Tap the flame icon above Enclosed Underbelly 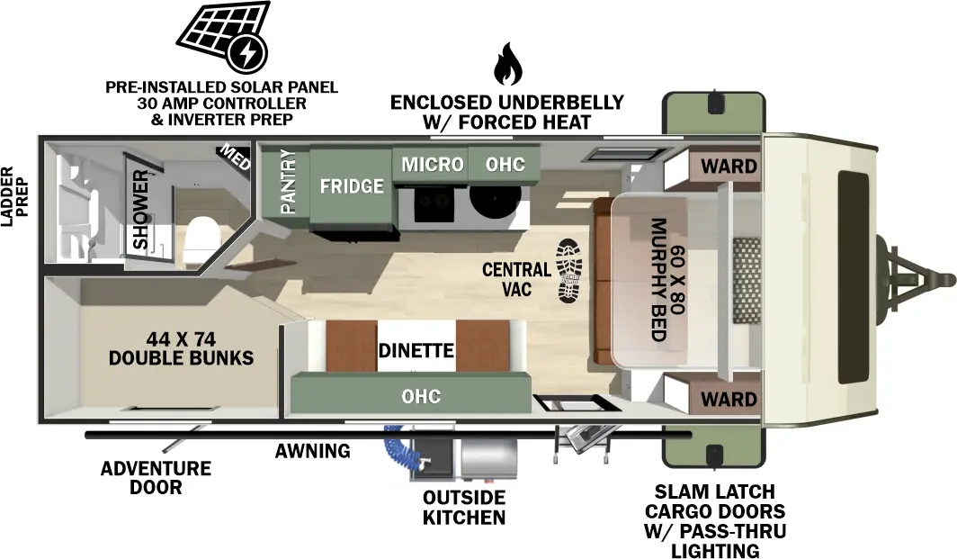[507, 65]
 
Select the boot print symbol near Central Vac [570, 270]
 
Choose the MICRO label [432, 165]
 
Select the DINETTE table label [416, 351]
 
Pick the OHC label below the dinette [421, 396]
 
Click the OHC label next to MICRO [505, 165]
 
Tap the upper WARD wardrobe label [729, 166]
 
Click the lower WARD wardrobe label [729, 398]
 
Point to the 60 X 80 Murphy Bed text [666, 280]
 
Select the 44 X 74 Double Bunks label [181, 348]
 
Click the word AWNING [312, 451]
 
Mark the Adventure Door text [156, 478]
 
